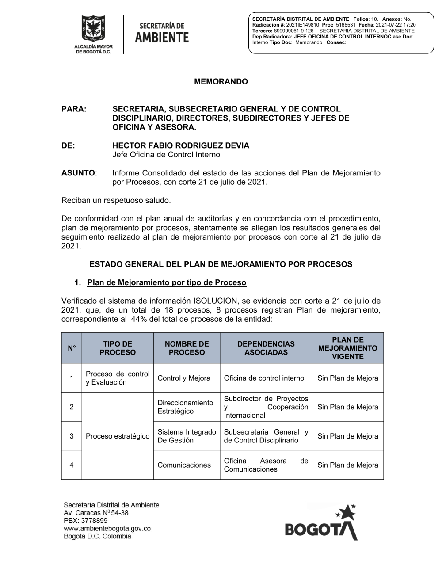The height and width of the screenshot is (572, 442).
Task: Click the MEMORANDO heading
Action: [221, 82]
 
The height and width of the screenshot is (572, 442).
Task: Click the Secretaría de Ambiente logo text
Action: [161, 33]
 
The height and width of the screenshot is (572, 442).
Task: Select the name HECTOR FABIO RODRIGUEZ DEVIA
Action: [181, 145]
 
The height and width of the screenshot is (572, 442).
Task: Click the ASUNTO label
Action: [78, 173]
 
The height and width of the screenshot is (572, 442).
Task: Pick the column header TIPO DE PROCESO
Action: [118, 348]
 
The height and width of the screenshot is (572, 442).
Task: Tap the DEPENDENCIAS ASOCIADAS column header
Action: [266, 348]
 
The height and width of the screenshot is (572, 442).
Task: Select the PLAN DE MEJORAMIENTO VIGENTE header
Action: [348, 348]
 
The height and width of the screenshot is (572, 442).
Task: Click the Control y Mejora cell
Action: [184, 378]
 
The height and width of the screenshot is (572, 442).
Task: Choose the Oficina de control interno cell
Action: [264, 378]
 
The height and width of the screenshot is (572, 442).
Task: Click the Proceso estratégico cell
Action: [118, 436]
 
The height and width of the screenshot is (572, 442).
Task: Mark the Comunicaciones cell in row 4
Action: [184, 465]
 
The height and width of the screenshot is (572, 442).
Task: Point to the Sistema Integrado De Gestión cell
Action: [187, 436]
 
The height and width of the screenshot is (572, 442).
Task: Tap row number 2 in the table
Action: [72, 407]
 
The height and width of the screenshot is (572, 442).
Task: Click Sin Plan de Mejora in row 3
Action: [348, 436]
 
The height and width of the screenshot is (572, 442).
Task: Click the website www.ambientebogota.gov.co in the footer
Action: [107, 529]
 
